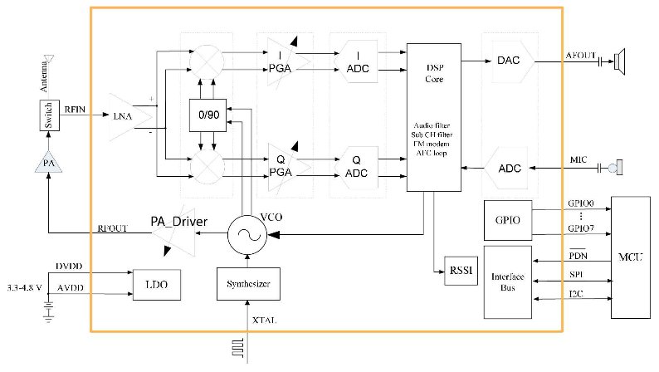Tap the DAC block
509,60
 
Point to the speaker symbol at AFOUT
618,60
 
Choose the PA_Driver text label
178,222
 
